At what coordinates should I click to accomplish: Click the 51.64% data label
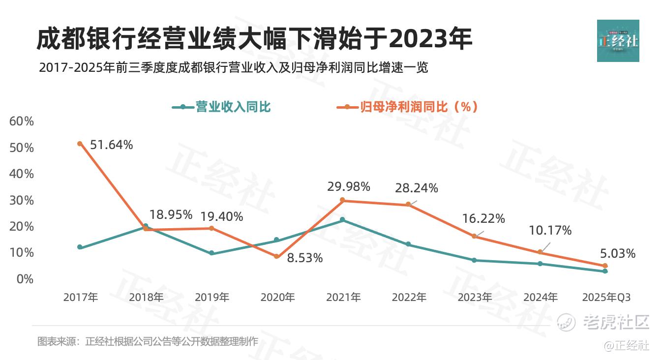click(x=112, y=145)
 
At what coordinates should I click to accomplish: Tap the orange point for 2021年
click(x=343, y=200)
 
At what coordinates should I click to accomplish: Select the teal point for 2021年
click(x=343, y=220)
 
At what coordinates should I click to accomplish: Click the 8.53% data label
click(x=305, y=258)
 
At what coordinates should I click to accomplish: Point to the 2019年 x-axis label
click(x=211, y=298)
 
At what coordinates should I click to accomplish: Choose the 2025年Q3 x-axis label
click(x=605, y=298)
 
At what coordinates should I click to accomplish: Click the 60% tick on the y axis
click(x=22, y=121)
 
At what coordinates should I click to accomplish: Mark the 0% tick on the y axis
click(x=25, y=279)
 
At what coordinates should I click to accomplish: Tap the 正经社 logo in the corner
click(x=618, y=41)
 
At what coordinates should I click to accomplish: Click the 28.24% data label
click(x=417, y=188)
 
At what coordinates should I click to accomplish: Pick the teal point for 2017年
click(x=80, y=247)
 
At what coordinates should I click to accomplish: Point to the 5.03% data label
click(x=618, y=254)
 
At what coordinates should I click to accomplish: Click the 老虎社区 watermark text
click(x=616, y=322)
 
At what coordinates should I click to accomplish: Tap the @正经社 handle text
click(x=627, y=346)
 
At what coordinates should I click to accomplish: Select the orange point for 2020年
click(x=277, y=257)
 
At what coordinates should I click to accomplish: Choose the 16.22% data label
click(x=483, y=219)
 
